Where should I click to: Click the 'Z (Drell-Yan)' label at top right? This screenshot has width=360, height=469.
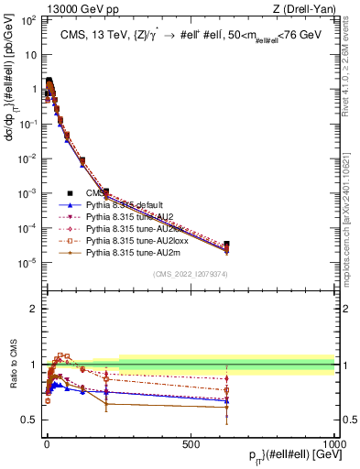(x=303, y=10)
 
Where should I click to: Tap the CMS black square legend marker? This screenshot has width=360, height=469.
(x=71, y=192)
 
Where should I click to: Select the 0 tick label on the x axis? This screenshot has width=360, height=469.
(x=47, y=442)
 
